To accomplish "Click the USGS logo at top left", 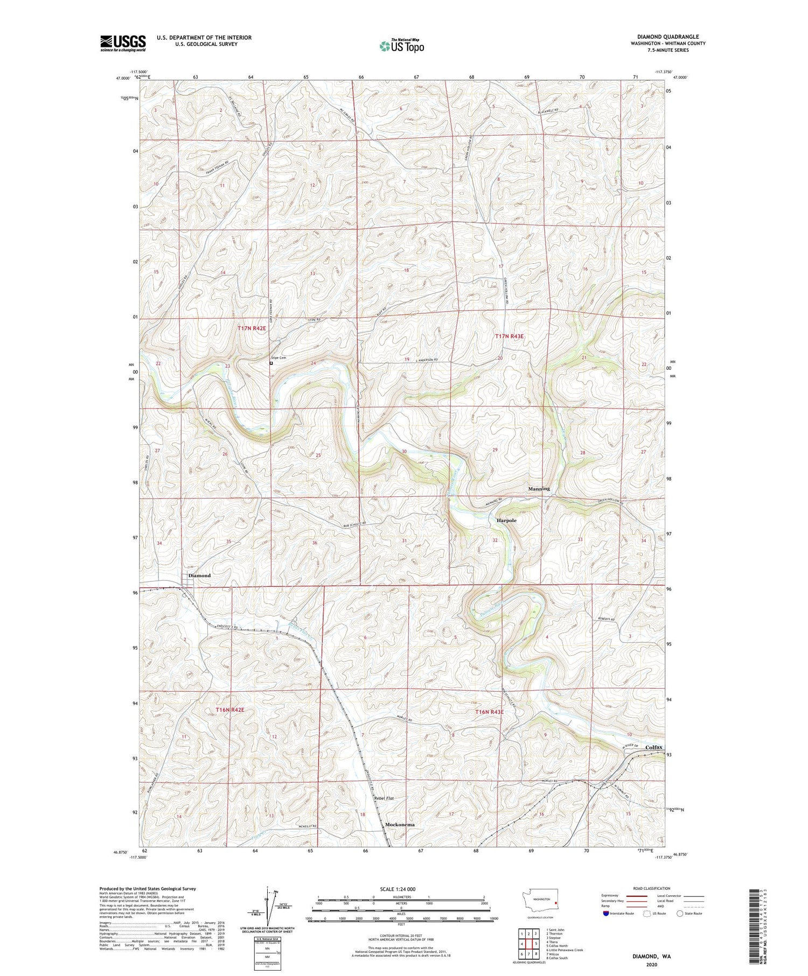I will pos(123,43).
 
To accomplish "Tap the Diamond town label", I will pos(199,575).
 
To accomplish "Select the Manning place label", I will pos(539,489).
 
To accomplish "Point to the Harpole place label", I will pos(506,521).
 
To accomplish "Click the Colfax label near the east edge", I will pos(651,747).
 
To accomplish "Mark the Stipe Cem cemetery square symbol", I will pos(271,363).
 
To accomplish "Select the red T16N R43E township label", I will pos(489,712).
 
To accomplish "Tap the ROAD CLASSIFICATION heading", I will pos(652,888).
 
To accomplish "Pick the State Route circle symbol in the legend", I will pos(680,914).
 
